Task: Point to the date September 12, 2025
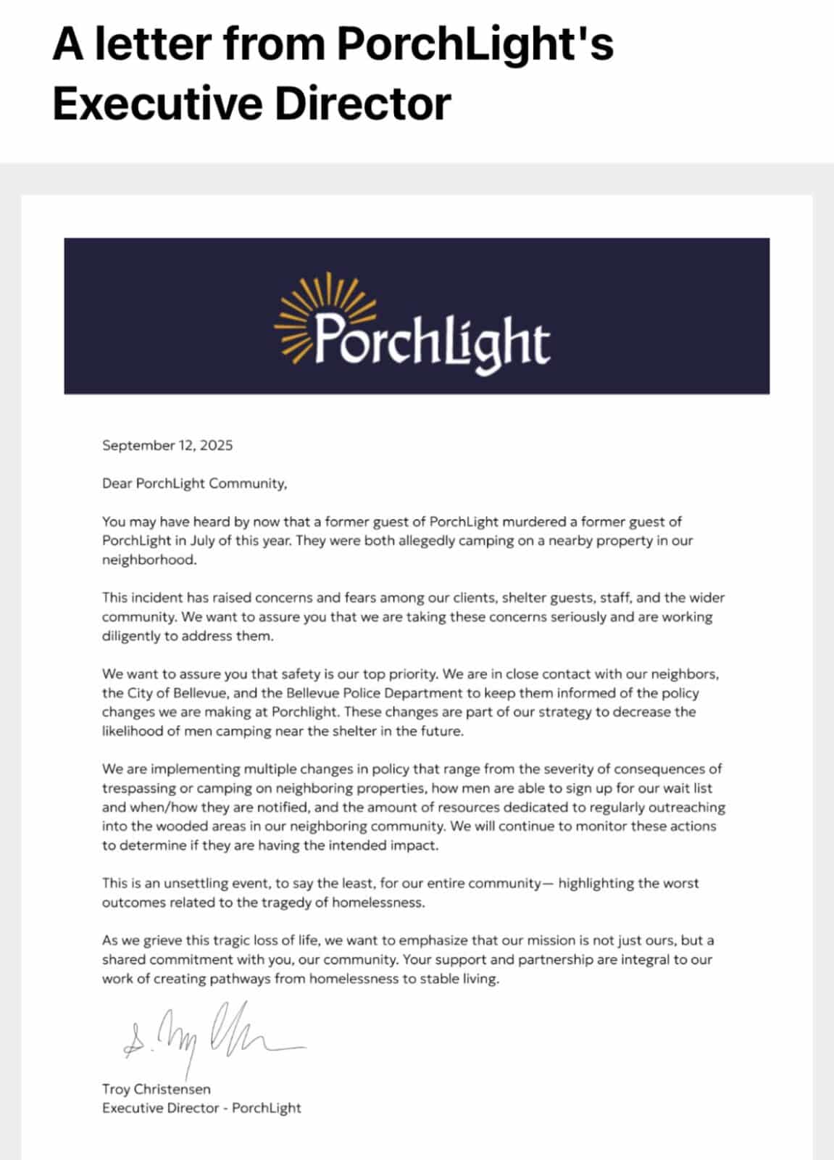click(x=167, y=445)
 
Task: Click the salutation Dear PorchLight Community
click(x=194, y=484)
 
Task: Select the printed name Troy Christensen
click(x=157, y=1089)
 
